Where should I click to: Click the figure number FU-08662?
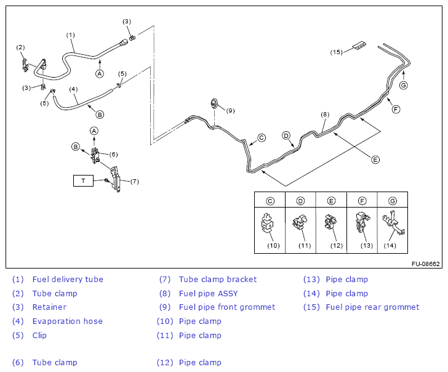click(425, 264)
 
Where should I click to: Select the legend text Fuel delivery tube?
click(68, 280)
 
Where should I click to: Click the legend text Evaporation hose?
click(67, 321)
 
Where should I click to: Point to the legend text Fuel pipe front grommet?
click(227, 307)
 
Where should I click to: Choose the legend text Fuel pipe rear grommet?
click(372, 307)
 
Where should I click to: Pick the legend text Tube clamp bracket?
click(218, 280)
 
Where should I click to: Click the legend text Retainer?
click(49, 307)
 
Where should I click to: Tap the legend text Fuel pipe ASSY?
click(208, 294)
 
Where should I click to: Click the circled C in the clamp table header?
click(270, 201)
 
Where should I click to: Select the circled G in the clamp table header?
click(391, 201)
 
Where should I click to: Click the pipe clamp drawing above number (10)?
click(268, 224)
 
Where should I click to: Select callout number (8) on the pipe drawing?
click(325, 115)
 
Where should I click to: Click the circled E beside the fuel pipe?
click(375, 159)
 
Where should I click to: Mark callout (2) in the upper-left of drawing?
click(20, 47)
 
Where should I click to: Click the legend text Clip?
click(39, 336)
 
